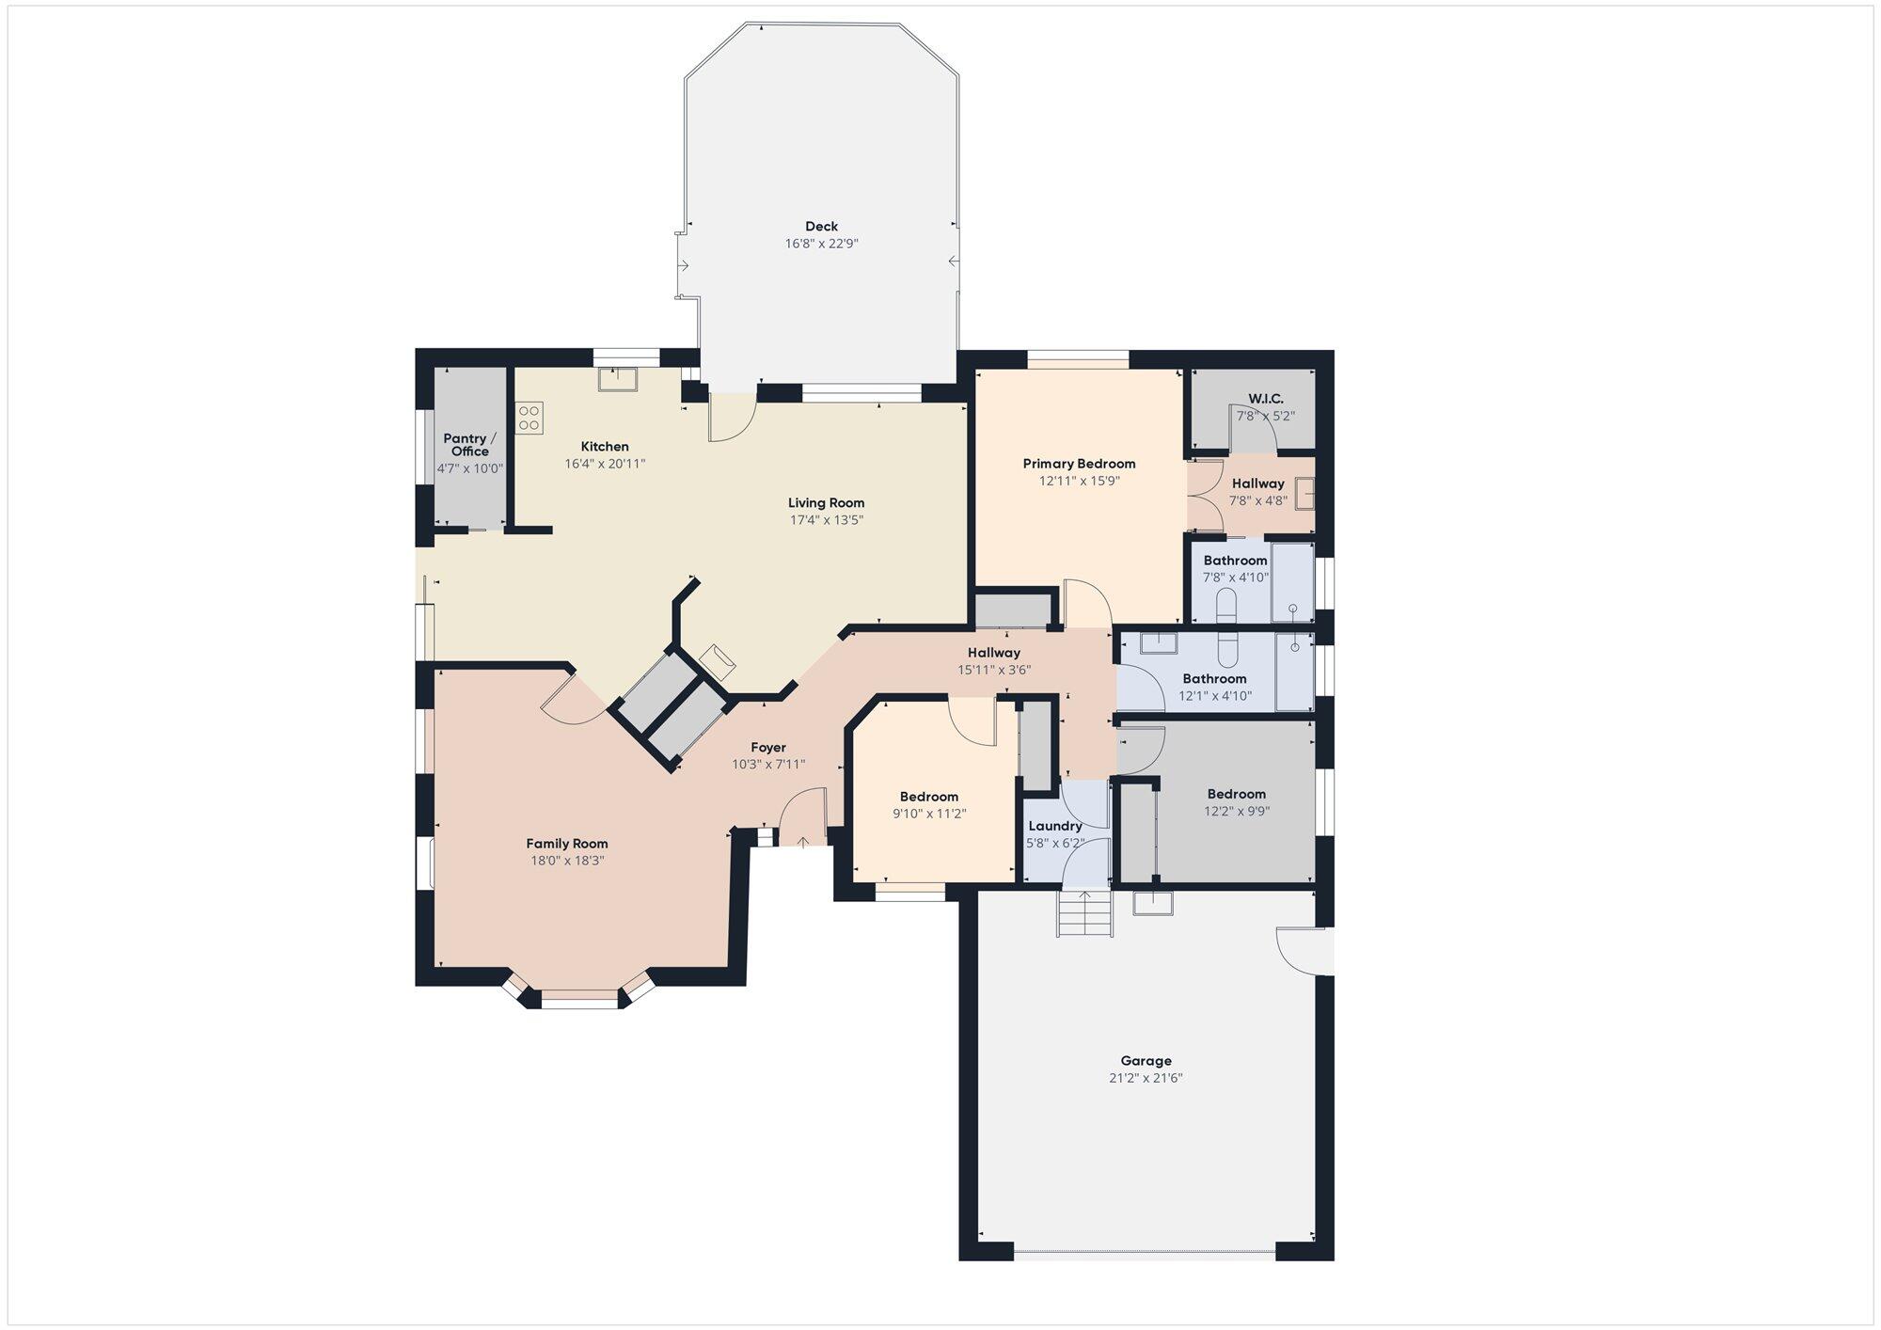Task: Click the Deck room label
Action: [x=822, y=227]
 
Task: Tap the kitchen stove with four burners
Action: [x=530, y=417]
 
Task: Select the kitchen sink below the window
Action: [x=618, y=378]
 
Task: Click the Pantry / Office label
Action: [x=470, y=445]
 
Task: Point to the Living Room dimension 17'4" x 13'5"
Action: [x=827, y=520]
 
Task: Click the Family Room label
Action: [x=567, y=844]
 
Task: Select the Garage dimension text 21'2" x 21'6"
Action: [x=1146, y=1078]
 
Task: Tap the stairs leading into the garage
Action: [x=1085, y=912]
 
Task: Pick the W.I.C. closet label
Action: [x=1266, y=399]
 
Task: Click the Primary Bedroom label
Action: [x=1080, y=464]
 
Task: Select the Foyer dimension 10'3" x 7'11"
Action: [x=768, y=765]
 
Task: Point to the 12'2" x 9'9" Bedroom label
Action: [x=1237, y=794]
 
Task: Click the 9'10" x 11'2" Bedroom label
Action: [x=929, y=797]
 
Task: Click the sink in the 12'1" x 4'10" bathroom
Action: [x=1160, y=644]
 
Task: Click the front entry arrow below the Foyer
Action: [x=802, y=841]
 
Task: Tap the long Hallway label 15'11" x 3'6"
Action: [x=994, y=653]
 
